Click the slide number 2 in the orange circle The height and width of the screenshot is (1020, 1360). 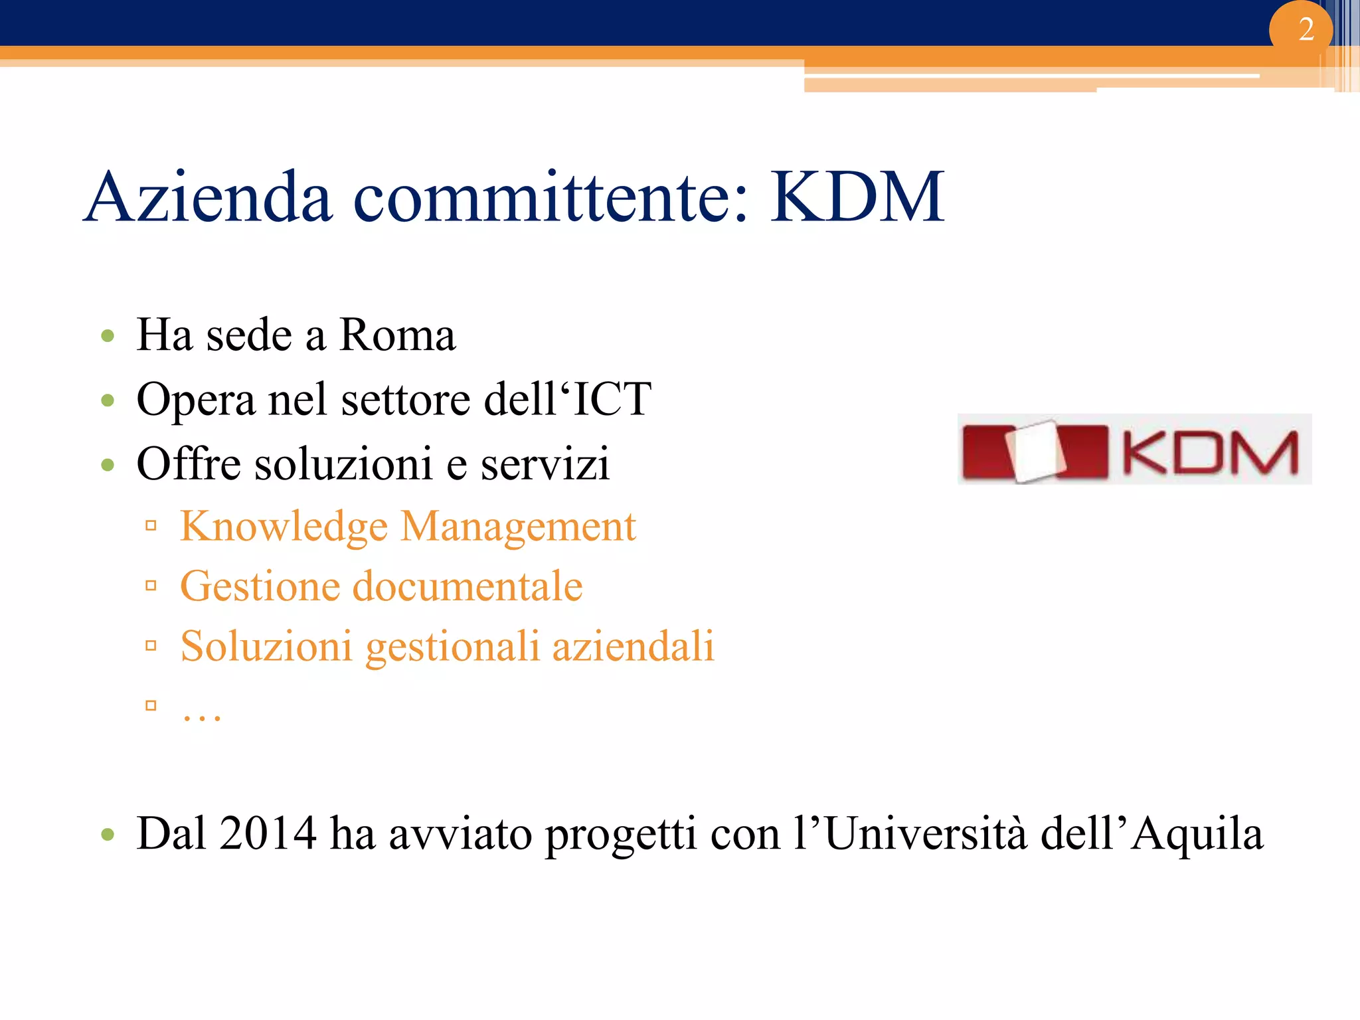point(1306,30)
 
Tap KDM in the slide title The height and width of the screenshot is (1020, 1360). point(857,197)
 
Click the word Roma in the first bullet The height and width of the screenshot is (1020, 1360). point(397,335)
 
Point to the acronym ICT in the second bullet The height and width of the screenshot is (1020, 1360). point(612,399)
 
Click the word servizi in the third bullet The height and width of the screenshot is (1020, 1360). point(545,464)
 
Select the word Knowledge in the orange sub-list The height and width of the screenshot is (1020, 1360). point(284,527)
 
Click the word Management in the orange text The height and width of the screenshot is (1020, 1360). point(518,527)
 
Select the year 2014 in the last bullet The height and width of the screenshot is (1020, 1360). point(268,833)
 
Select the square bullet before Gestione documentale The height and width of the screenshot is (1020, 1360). point(151,586)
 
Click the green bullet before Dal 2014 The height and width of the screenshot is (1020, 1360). point(108,835)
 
